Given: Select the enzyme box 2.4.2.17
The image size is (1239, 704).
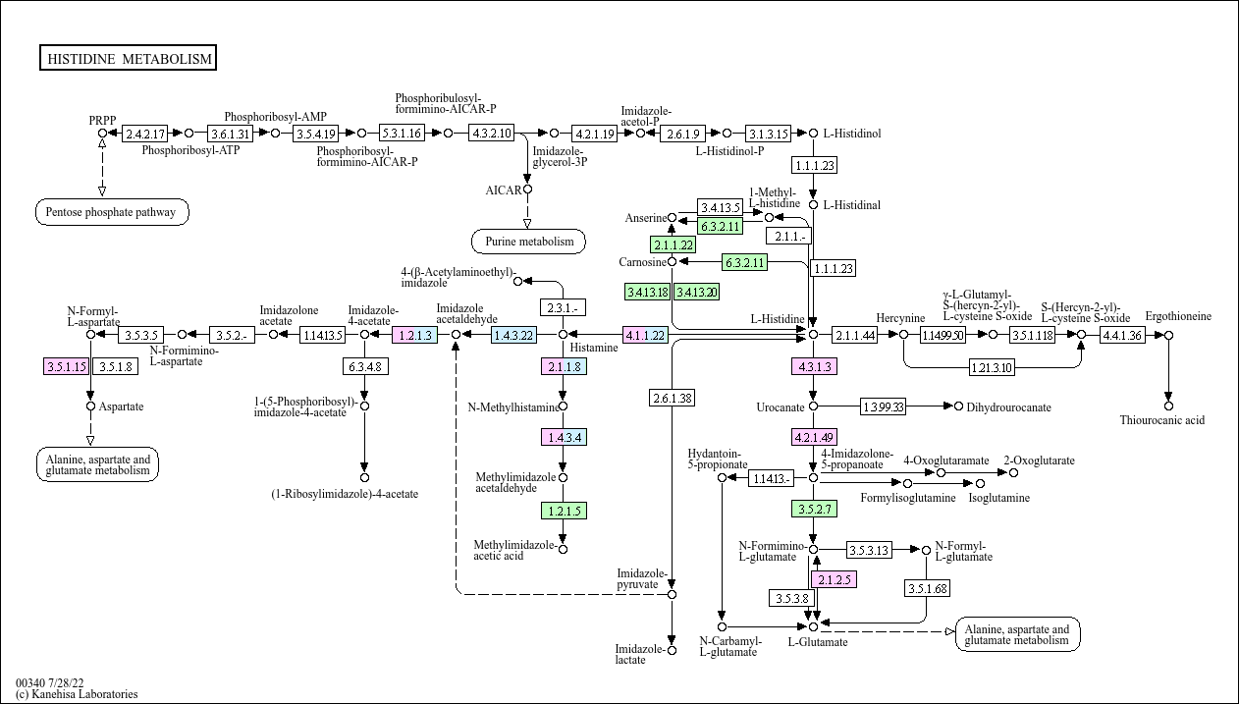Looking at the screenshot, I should (145, 133).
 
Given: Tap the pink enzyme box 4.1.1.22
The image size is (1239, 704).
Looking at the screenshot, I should (645, 335).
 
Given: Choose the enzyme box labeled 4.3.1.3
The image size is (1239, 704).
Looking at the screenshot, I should (813, 367).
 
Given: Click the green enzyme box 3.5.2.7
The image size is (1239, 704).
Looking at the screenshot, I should (813, 510).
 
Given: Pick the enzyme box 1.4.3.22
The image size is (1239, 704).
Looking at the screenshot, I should (514, 335).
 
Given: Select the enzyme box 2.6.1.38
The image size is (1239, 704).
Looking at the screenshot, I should (672, 397).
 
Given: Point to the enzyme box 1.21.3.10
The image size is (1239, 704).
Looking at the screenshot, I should (993, 367).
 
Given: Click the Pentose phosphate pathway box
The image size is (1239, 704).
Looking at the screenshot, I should (112, 211).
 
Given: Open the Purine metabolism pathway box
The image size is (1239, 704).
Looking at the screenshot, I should (528, 241).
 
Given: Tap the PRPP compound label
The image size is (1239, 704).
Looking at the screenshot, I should (102, 120).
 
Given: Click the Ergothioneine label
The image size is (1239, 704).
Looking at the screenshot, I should (1178, 316).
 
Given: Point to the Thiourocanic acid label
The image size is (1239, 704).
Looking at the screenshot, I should (1161, 420).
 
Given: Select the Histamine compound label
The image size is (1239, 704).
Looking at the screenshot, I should (595, 348).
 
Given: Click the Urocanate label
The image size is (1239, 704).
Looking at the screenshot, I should (781, 406).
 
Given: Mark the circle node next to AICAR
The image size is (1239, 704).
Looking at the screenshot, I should (527, 190).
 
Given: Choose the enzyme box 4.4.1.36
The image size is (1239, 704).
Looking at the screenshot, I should (1122, 335).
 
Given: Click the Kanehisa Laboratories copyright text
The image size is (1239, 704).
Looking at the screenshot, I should (77, 694).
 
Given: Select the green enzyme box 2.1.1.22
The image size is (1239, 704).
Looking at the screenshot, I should (673, 244).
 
